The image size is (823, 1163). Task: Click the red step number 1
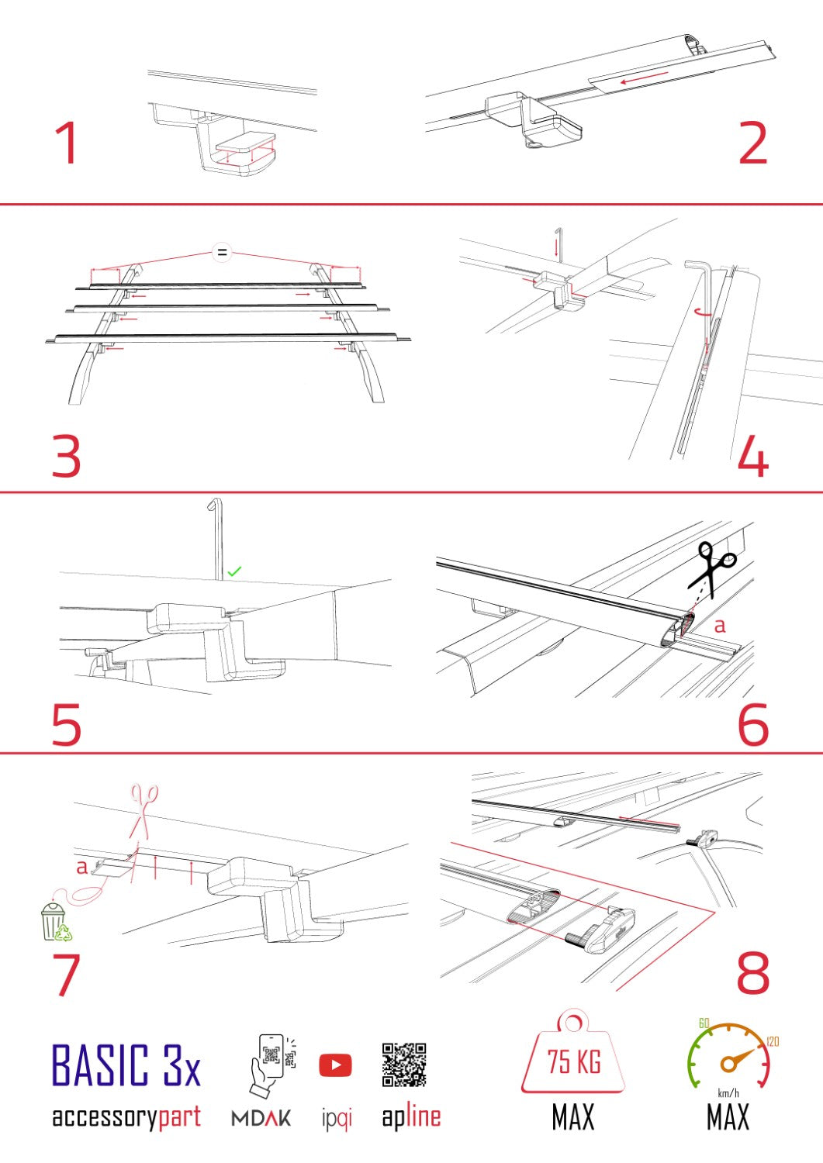tap(67, 143)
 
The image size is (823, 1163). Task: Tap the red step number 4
tap(752, 457)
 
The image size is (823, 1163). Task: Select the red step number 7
tap(67, 975)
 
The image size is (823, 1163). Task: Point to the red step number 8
tap(752, 973)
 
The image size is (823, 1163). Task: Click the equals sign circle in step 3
tap(222, 252)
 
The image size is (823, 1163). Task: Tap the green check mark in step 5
tap(234, 571)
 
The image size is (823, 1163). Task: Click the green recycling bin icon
tap(54, 922)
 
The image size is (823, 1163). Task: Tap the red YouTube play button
tap(335, 1065)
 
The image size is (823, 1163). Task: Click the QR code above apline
tap(404, 1065)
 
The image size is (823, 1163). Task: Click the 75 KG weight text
tap(574, 1061)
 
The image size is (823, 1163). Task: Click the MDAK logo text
tap(261, 1118)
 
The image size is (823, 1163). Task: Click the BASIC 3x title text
tap(126, 1066)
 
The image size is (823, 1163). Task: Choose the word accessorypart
tap(126, 1117)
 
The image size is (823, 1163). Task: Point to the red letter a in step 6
tap(719, 625)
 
